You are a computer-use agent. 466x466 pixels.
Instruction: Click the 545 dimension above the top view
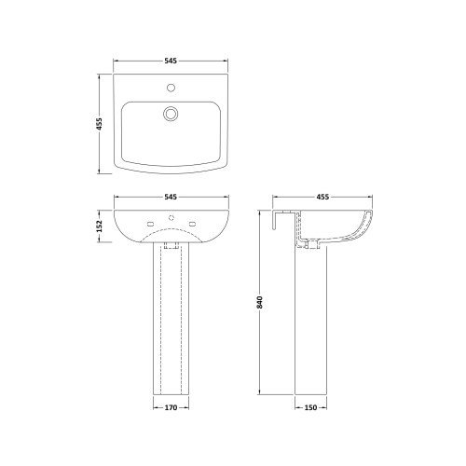coord(171,61)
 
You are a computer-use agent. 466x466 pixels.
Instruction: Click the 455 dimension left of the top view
coord(100,124)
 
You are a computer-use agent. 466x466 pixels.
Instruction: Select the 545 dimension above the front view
coord(171,197)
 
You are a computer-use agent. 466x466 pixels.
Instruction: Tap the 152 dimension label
coord(100,226)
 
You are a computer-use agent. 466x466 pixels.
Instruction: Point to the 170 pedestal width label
coord(171,407)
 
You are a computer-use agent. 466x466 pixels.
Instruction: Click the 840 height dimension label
coord(260,302)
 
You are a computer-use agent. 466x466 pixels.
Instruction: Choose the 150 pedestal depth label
coord(310,407)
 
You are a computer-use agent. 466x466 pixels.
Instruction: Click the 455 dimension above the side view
coord(322,197)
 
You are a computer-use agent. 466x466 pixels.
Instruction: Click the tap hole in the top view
coord(171,88)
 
